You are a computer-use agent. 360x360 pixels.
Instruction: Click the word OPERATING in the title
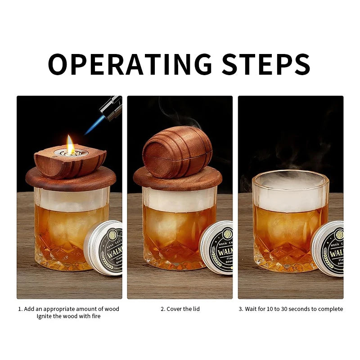(x=130, y=64)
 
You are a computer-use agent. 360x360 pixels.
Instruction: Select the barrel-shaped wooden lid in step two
(x=177, y=152)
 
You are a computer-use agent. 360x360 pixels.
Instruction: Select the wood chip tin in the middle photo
(x=218, y=247)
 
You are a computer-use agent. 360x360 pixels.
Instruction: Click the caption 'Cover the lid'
(x=180, y=309)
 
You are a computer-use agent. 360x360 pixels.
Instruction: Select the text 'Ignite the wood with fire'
(x=69, y=316)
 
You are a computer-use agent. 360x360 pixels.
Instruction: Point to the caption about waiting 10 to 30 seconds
(x=290, y=309)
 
